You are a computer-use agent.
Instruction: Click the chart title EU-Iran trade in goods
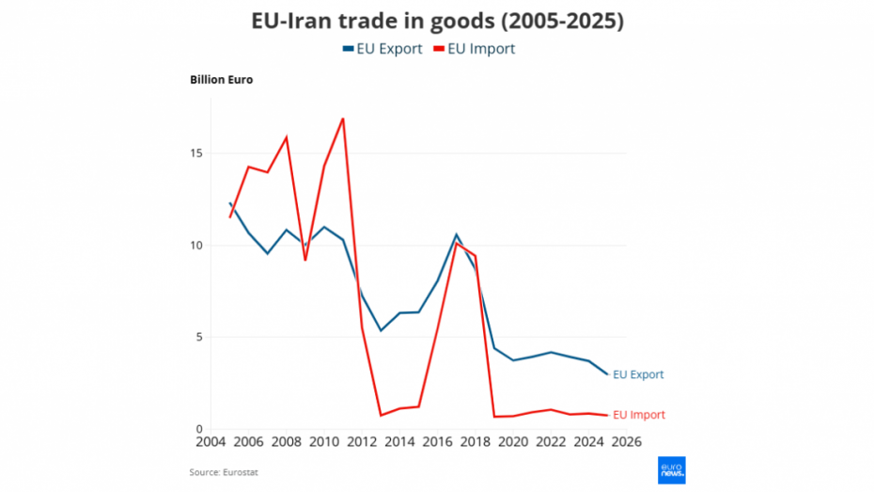pos(437,21)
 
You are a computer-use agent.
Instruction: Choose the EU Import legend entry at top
pos(474,49)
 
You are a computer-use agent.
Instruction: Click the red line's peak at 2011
pos(343,119)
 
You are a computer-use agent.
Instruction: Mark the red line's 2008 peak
pos(287,137)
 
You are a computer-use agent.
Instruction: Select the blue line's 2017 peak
pos(456,234)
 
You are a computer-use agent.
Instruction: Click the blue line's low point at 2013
pos(381,330)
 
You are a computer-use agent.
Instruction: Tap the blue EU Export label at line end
pos(638,374)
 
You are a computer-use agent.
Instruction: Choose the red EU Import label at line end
pos(639,415)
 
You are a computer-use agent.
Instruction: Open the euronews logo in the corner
pos(671,469)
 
